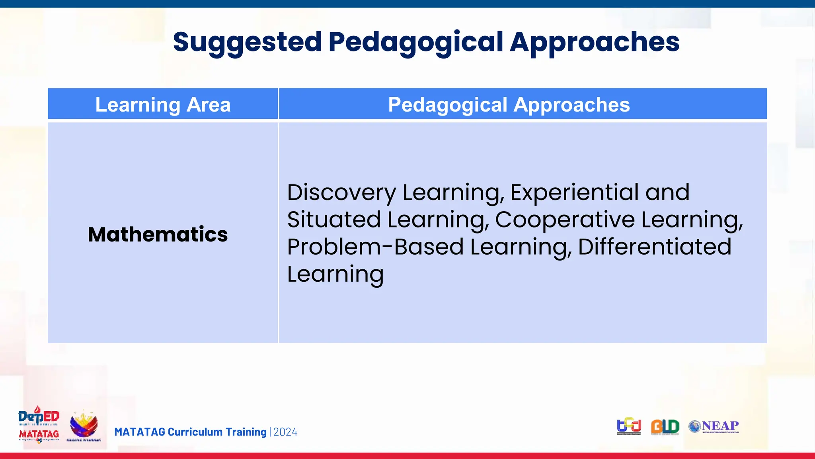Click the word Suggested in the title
coord(247,42)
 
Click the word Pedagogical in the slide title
coord(415,42)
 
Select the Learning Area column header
coord(163,105)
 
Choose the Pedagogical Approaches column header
coord(509,105)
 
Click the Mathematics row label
coord(158,234)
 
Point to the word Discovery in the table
coord(341,192)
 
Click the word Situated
coord(334,220)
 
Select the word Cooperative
coord(565,220)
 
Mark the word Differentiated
coord(654,247)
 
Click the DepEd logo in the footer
coord(39,417)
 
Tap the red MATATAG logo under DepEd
coord(39,434)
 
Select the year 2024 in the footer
coord(285,432)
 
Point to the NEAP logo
coord(714,427)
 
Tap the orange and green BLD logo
coord(665,427)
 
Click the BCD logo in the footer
coord(629,427)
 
